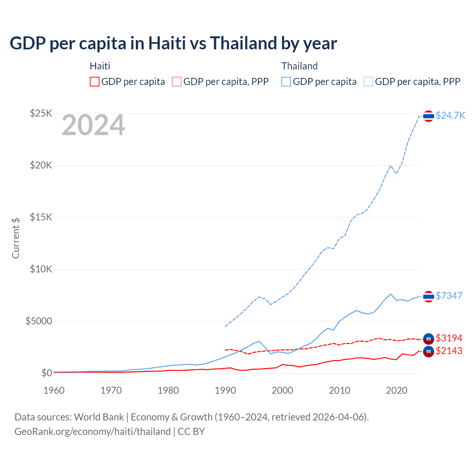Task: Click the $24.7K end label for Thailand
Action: pos(450,115)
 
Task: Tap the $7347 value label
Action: pos(449,296)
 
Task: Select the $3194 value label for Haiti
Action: pos(449,338)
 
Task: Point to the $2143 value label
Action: pos(449,351)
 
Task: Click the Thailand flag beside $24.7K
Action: pos(429,116)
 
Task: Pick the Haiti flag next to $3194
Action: pos(429,338)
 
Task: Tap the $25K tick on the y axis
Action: pos(41,113)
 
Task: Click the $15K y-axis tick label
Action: pos(41,217)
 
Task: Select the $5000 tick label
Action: pos(39,321)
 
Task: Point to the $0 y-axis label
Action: pos(46,373)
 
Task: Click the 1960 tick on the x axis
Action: pos(54,390)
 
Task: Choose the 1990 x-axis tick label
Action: pos(225,390)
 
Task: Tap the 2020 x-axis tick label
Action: pos(397,390)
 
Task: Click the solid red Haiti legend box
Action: pos(95,82)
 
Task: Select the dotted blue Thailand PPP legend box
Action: pos(368,82)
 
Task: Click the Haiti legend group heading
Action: pos(100,66)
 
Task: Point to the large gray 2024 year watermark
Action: pos(93,125)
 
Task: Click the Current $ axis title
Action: pos(16,238)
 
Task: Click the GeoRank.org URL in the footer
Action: pos(92,432)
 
